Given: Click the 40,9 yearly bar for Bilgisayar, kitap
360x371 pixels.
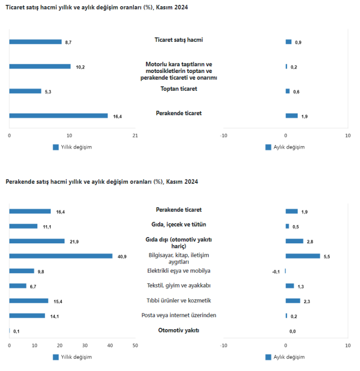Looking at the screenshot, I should [61, 256].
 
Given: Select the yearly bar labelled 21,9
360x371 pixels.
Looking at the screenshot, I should [37, 241].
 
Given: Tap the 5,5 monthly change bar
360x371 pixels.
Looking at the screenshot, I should [302, 256].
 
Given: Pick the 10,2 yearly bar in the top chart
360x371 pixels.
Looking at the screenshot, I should [40, 67].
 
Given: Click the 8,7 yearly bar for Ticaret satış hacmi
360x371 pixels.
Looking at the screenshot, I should [36, 42].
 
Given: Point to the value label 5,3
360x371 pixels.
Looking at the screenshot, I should [48, 92].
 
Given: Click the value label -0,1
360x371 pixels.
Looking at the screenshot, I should [276, 272].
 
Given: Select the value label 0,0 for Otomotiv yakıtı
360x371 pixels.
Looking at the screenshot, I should [293, 331].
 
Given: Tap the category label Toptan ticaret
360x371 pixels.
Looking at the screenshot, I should [179, 89].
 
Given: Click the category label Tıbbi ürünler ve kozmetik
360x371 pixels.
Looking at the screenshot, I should [179, 300].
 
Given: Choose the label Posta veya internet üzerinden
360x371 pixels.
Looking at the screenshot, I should [179, 315].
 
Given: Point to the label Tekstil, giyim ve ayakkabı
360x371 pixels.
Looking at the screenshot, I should [179, 286].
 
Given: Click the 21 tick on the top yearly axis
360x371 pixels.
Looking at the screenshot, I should [135, 136].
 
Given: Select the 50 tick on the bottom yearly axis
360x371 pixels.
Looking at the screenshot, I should [135, 346].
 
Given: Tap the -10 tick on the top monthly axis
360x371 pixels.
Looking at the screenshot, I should [223, 136].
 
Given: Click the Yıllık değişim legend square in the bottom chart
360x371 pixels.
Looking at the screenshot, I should [56, 357].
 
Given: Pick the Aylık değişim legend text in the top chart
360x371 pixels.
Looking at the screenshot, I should [289, 147].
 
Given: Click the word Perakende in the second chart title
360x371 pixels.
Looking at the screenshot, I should [20, 182].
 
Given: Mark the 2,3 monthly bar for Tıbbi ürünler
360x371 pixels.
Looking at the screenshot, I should [293, 301].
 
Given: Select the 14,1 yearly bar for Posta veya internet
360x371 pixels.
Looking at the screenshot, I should [27, 316].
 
